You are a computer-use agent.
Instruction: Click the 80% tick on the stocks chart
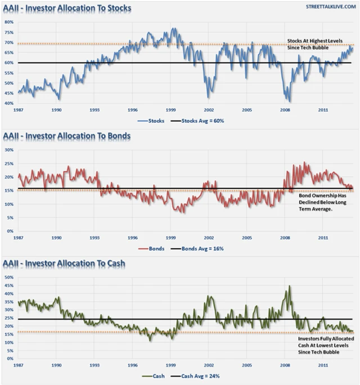click(x=9, y=22)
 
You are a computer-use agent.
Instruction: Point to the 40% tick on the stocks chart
click(x=9, y=104)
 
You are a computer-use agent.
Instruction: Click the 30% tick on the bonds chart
click(x=9, y=150)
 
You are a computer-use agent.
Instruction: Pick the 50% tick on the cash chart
click(x=9, y=277)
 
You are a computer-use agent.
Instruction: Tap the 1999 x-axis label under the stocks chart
click(x=170, y=110)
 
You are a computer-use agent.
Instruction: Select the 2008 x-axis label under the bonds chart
click(x=285, y=238)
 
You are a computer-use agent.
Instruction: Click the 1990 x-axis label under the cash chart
click(x=56, y=365)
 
